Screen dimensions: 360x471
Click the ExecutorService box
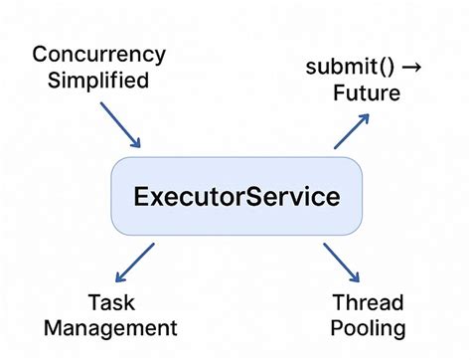coord(235,196)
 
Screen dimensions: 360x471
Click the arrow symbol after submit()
coord(413,68)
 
